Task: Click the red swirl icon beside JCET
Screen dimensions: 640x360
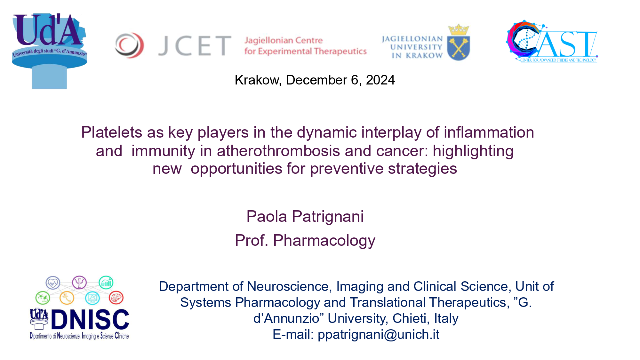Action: [129, 45]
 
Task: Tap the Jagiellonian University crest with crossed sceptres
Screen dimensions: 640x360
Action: [459, 43]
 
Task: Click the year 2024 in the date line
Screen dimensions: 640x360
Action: [380, 80]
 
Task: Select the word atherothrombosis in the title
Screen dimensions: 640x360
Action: [278, 151]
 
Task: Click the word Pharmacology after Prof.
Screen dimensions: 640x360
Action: [324, 240]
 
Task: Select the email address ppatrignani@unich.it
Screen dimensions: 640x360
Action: [379, 334]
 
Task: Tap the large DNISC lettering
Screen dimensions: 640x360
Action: [90, 320]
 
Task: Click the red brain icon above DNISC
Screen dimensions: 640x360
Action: [116, 298]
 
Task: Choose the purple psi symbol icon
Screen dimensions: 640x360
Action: [79, 283]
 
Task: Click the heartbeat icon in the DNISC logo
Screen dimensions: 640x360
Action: [53, 283]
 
